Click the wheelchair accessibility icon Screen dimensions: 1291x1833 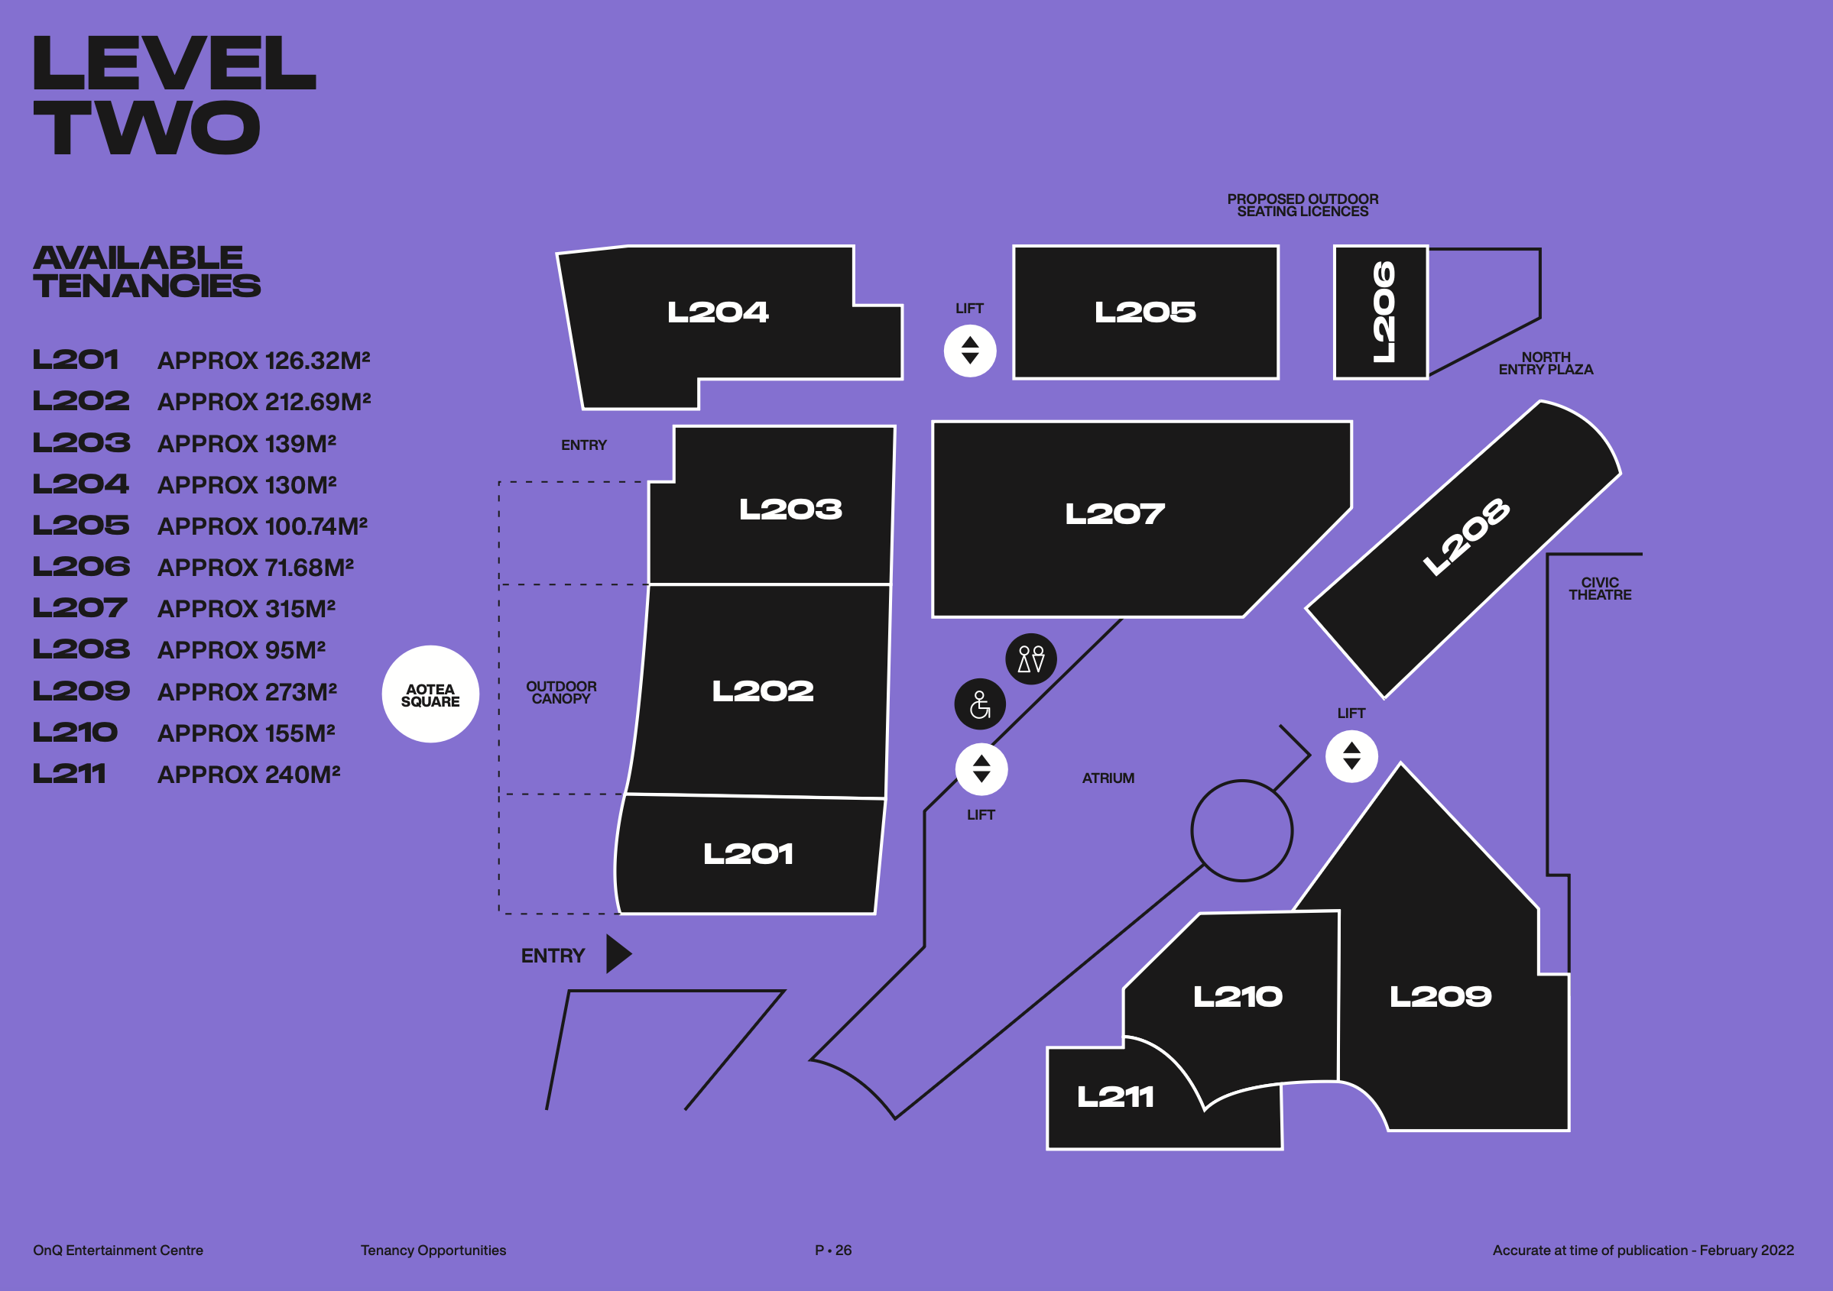[980, 704]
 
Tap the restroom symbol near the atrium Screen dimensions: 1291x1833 [1030, 659]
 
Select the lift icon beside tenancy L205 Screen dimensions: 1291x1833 [970, 351]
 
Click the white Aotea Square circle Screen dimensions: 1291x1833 [430, 694]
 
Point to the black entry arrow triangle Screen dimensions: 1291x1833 [617, 954]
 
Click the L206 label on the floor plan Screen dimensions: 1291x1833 [1383, 312]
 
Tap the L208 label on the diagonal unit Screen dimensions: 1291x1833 [1466, 536]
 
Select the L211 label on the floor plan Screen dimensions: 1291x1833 [1115, 1097]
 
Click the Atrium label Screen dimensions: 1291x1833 [1108, 778]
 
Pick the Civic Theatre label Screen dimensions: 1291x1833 [1599, 589]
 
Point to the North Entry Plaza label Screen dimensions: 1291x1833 [1546, 364]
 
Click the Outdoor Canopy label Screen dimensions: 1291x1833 [561, 693]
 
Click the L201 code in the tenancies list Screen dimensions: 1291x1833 [76, 360]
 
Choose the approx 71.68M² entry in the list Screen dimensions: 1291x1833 [255, 568]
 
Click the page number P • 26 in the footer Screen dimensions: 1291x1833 [832, 1251]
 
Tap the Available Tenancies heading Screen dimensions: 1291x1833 [146, 272]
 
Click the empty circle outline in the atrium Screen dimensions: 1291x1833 [1241, 830]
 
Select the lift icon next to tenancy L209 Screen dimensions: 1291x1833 [1351, 756]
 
